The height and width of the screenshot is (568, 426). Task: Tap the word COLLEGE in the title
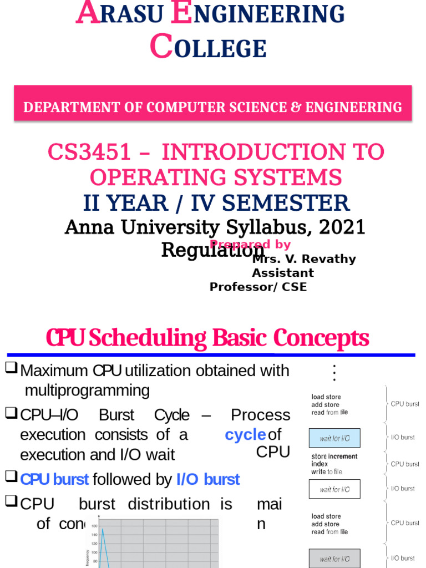pos(209,48)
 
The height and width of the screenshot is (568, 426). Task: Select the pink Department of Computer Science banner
pos(212,106)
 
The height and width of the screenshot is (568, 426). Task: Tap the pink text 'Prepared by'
pos(250,245)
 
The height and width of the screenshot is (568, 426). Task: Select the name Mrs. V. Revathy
pos(304,259)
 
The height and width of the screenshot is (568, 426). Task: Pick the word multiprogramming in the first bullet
pos(87,390)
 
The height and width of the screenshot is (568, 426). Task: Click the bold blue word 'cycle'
pos(245,435)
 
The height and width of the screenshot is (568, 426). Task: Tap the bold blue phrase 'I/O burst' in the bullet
pos(208,479)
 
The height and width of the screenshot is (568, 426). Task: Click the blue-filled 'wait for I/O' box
pos(334,438)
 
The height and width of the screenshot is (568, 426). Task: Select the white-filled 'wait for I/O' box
pos(334,489)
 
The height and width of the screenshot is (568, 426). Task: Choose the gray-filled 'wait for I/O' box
pos(334,559)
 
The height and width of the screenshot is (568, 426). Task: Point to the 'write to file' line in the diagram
pos(327,471)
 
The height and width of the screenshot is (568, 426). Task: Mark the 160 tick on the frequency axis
pos(94,526)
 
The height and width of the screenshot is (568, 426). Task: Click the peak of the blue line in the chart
pos(102,529)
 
